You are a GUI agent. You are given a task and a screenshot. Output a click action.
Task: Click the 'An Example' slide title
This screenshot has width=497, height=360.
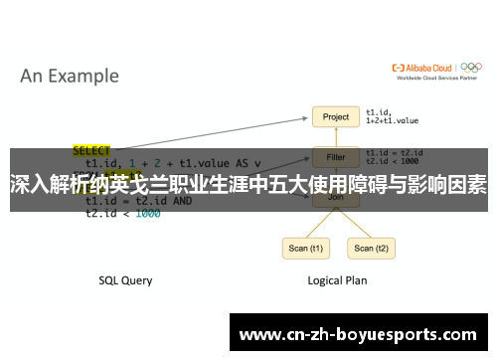point(70,76)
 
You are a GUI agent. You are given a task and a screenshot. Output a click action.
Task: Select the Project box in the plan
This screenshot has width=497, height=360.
point(336,117)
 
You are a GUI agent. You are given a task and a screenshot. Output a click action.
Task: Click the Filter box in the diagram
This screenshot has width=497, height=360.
point(336,157)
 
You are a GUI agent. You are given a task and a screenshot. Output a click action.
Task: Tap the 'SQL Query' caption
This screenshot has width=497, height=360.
point(125,280)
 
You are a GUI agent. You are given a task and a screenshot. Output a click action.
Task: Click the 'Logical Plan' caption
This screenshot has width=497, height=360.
point(336,280)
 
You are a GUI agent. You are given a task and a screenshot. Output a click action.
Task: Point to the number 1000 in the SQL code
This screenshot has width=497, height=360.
point(147,213)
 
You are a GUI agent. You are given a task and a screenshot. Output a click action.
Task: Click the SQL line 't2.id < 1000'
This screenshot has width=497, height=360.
point(122,213)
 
